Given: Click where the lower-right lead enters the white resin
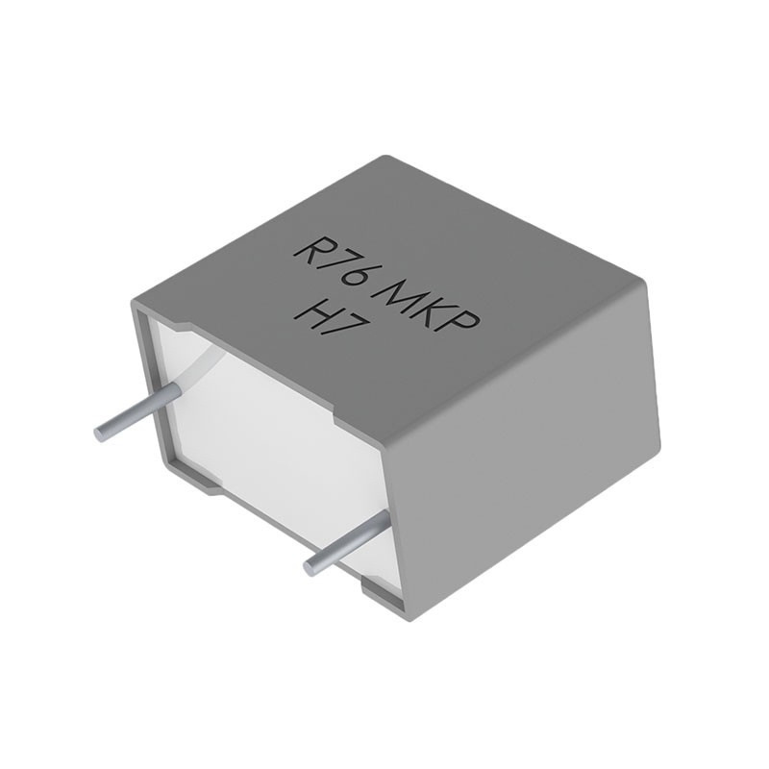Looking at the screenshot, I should (387, 520).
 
